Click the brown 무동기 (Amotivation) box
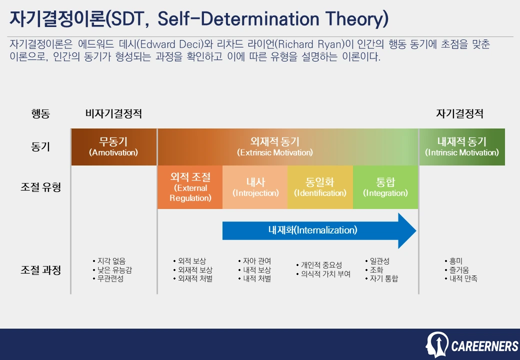tap(113, 146)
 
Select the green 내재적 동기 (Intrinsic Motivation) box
tap(461, 146)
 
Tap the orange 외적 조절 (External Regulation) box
tap(190, 187)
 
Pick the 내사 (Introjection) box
tap(255, 187)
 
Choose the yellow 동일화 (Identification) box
tap(320, 187)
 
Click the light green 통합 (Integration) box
tap(385, 187)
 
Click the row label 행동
tap(40, 113)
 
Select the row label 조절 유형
tap(40, 187)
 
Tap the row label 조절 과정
tap(40, 270)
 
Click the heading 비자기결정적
tap(113, 113)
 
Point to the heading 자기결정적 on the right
tap(459, 113)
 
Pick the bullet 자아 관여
tap(257, 261)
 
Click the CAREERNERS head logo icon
tap(436, 344)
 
